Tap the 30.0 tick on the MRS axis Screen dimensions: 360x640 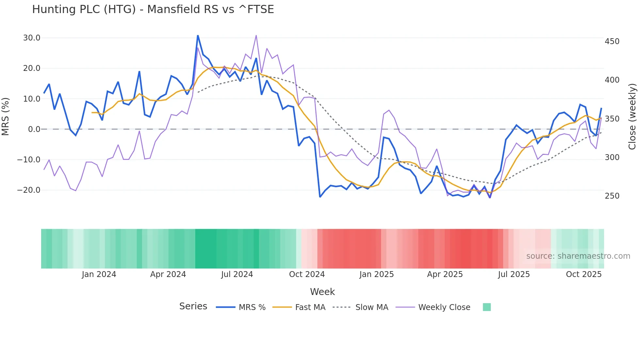coord(32,38)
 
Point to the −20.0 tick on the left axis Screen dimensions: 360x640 coord(29,190)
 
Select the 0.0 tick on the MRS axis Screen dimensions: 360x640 coord(34,129)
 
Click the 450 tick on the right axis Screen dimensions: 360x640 coord(612,41)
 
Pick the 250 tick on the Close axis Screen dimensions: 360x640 coord(612,196)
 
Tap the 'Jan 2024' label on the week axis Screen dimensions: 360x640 coord(99,274)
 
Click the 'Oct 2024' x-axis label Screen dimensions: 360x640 coord(307,274)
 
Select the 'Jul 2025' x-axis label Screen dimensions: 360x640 coord(514,274)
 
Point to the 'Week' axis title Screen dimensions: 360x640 coord(322,292)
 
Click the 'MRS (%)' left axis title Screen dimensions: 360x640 coord(6,116)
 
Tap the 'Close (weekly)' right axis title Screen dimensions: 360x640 coord(632,117)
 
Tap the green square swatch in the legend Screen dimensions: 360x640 coord(487,307)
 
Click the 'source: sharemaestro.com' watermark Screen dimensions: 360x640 coord(578,256)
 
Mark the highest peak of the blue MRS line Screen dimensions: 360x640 coord(198,35)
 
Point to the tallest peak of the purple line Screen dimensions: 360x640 coord(256,35)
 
